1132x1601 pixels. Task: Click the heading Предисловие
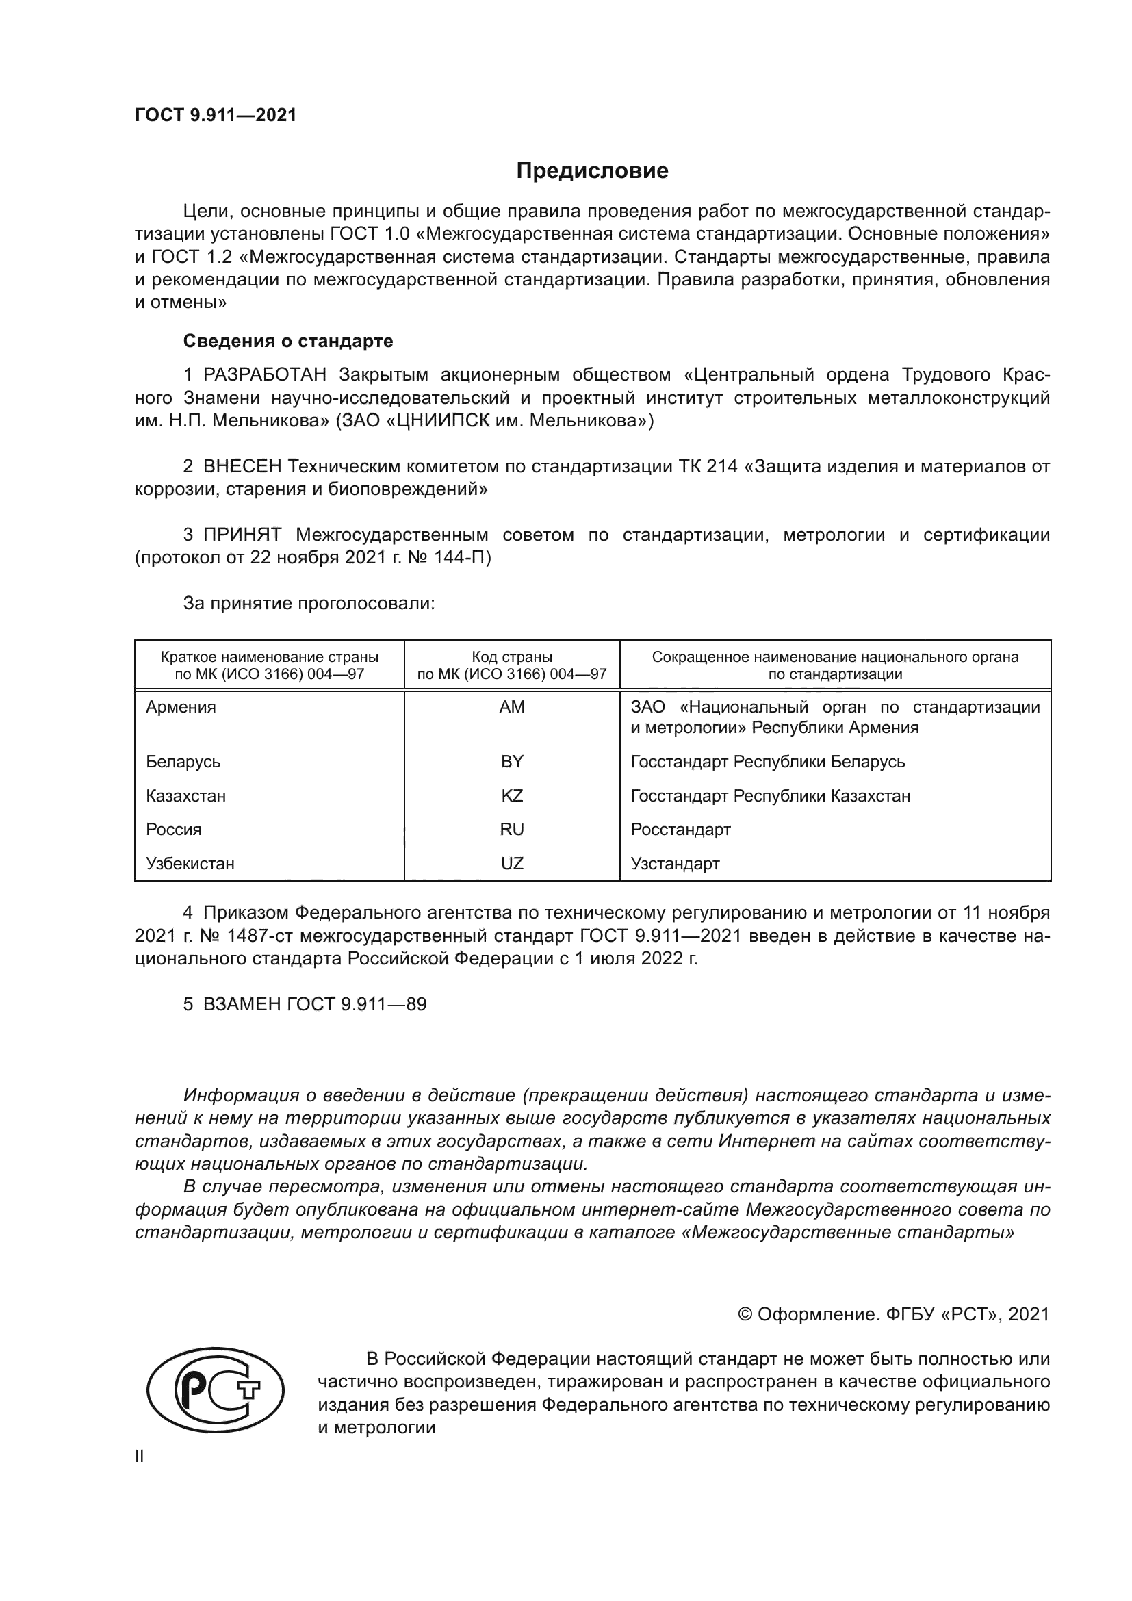click(x=592, y=171)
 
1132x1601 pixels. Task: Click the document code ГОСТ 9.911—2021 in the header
click(x=216, y=115)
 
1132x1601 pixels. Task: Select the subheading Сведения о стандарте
click(x=288, y=341)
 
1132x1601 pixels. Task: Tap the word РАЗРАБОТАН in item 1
click(x=265, y=375)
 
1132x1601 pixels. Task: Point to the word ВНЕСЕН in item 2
click(x=242, y=466)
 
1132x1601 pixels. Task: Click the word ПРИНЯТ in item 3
click(x=242, y=535)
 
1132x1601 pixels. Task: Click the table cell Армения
click(x=181, y=707)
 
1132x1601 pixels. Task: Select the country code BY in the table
click(x=512, y=761)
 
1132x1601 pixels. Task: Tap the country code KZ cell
click(x=512, y=795)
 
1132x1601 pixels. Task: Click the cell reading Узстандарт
click(x=675, y=863)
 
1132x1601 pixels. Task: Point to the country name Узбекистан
click(x=190, y=863)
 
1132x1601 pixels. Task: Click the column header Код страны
click(x=512, y=657)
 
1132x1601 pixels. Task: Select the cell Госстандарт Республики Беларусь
click(x=767, y=761)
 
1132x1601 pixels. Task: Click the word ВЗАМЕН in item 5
click(x=242, y=1004)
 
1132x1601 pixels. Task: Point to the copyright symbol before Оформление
click(x=745, y=1314)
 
